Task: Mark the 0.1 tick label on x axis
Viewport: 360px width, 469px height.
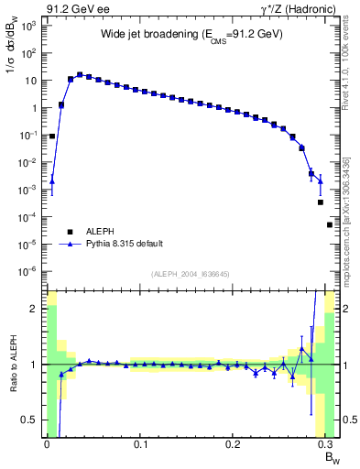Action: [x=140, y=444]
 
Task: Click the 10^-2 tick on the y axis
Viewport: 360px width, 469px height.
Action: [x=28, y=162]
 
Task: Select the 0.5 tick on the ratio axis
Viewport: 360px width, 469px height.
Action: [x=33, y=420]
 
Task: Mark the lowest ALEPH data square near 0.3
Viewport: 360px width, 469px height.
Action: [x=330, y=224]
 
